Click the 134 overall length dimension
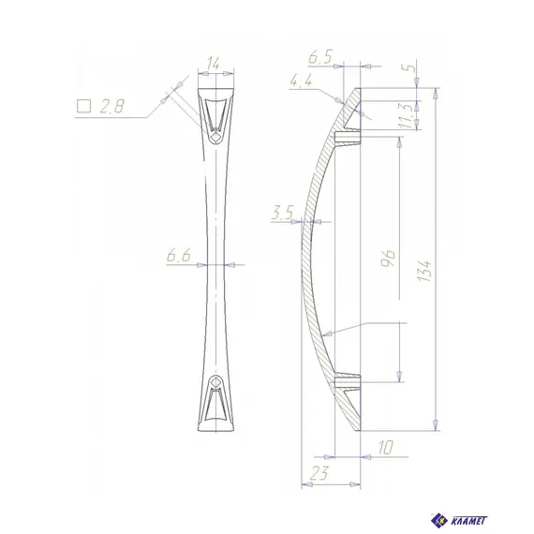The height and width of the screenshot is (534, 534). (x=423, y=271)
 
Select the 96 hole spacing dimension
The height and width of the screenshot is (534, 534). (x=388, y=259)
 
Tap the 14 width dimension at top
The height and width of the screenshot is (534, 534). (x=214, y=64)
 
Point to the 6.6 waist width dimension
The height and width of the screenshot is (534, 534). (x=179, y=256)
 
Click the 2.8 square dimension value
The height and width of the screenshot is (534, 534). (x=112, y=106)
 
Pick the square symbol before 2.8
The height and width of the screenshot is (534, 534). (x=83, y=106)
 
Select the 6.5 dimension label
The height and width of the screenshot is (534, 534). (x=320, y=57)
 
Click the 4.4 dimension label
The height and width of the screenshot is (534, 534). (x=301, y=82)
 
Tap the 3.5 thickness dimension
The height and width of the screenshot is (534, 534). (x=282, y=213)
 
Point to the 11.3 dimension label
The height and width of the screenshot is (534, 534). (x=408, y=116)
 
